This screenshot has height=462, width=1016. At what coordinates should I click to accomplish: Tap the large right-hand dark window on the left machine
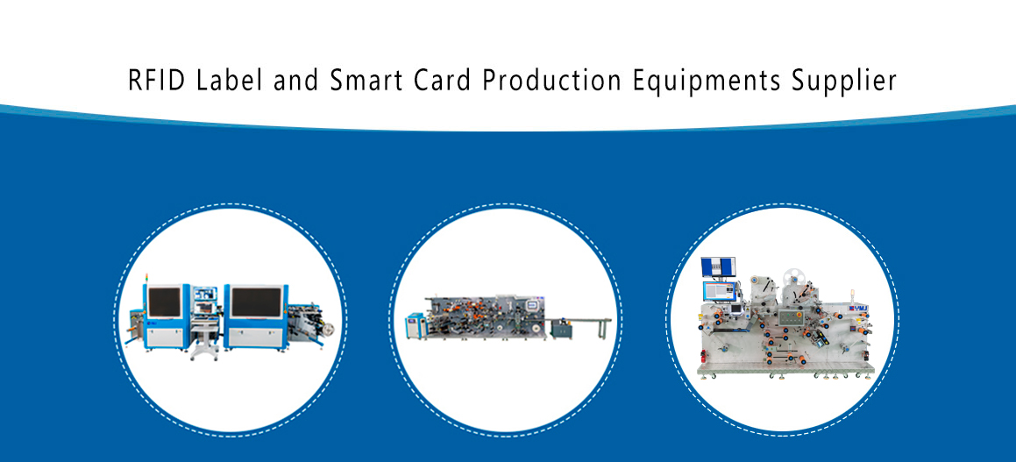[256, 302]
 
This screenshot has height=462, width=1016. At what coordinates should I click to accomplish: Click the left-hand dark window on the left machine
[164, 302]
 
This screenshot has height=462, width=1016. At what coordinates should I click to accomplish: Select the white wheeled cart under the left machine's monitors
[204, 340]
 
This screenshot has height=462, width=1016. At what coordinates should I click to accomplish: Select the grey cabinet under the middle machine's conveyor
[561, 329]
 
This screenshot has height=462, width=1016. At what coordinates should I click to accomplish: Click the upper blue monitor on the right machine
[718, 267]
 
